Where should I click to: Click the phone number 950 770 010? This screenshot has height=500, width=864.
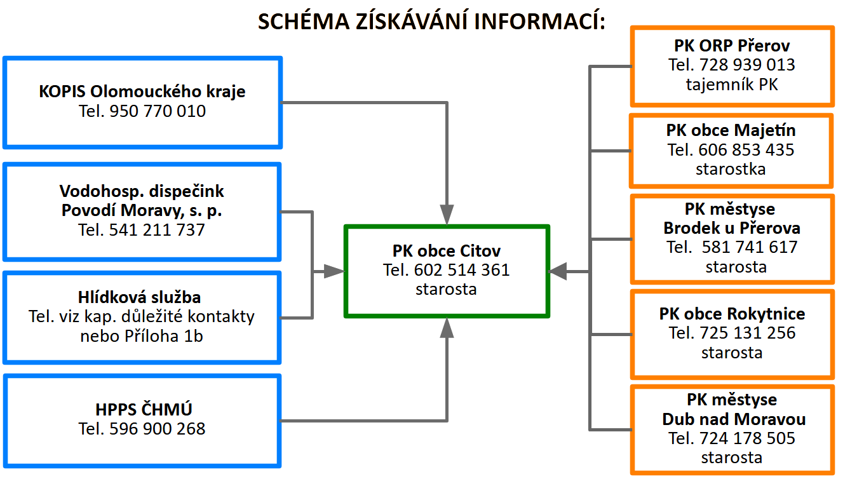point(158,111)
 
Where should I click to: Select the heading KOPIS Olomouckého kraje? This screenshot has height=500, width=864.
point(142,92)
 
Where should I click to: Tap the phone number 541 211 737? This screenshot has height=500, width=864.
point(157,230)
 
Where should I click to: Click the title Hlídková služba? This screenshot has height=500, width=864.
point(139,297)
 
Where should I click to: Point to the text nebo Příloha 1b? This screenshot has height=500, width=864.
point(142,336)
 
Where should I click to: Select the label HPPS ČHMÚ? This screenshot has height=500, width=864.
point(144,409)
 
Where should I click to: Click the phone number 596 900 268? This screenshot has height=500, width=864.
point(158,429)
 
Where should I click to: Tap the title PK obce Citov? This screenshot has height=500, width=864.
point(446,251)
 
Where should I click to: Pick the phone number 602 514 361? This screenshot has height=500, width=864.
point(462,270)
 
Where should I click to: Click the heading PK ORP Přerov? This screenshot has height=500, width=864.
point(732,46)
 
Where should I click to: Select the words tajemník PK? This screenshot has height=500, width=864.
point(732,84)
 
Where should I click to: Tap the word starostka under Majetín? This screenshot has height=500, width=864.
point(731,170)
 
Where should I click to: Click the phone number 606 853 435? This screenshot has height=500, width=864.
point(746,150)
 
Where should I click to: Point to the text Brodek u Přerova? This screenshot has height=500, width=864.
point(732,228)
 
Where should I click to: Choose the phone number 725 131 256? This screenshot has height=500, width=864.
point(748,333)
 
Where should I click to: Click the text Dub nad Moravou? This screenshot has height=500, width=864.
point(734,419)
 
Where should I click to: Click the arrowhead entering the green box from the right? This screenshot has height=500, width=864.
point(557,272)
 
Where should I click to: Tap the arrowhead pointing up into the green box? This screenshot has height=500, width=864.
point(447,328)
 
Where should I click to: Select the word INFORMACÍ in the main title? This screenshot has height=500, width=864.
point(539,22)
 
